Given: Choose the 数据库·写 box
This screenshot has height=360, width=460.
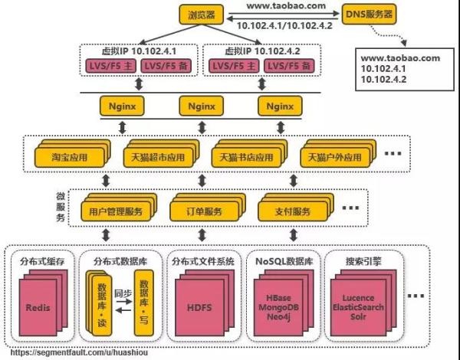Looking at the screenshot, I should coord(142,305).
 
